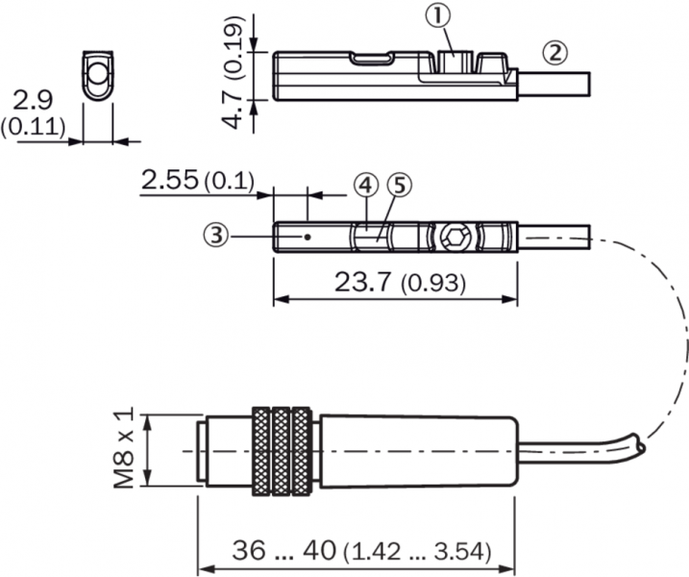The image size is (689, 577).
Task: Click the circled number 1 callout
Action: (x=437, y=16)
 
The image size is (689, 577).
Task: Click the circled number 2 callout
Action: (x=555, y=53)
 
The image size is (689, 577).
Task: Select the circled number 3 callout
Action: (x=216, y=236)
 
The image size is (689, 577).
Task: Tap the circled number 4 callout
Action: (x=365, y=186)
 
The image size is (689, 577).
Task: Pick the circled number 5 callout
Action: (x=400, y=186)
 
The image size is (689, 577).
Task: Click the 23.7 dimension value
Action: (x=362, y=282)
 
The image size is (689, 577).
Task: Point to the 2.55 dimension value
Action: (x=170, y=180)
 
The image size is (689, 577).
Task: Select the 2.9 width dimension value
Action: (x=33, y=100)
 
